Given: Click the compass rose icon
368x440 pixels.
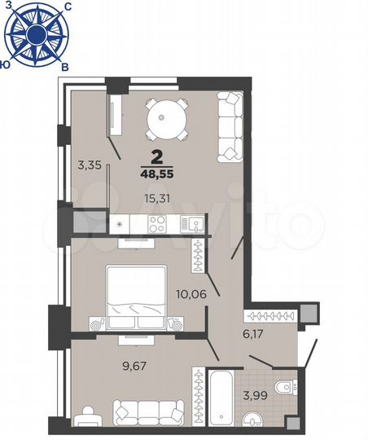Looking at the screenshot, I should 37,33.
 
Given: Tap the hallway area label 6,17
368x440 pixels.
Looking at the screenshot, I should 265,333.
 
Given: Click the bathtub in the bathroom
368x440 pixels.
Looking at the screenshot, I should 222,398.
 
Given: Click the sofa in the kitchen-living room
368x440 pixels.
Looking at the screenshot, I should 230,126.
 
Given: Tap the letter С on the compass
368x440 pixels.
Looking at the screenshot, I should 66,7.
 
